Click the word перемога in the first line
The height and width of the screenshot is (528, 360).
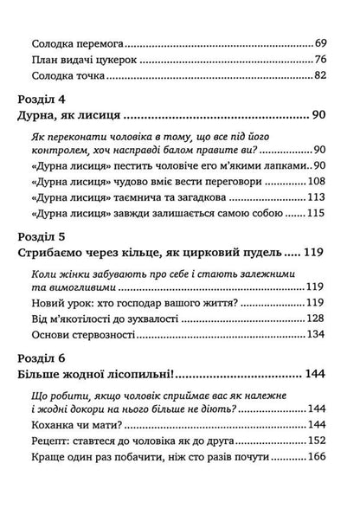pos(104,42)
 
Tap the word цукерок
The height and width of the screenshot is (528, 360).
pos(125,60)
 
